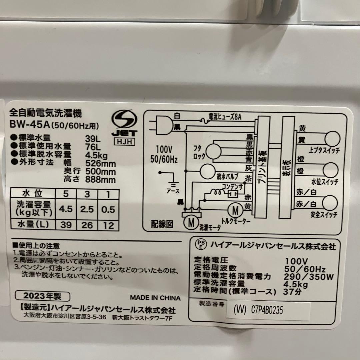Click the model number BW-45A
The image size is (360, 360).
click(x=30, y=125)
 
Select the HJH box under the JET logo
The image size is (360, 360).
click(x=124, y=142)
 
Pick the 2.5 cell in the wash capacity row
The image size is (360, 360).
click(x=87, y=209)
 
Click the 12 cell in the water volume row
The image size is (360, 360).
click(x=108, y=226)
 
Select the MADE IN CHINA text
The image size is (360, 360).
click(x=155, y=298)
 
